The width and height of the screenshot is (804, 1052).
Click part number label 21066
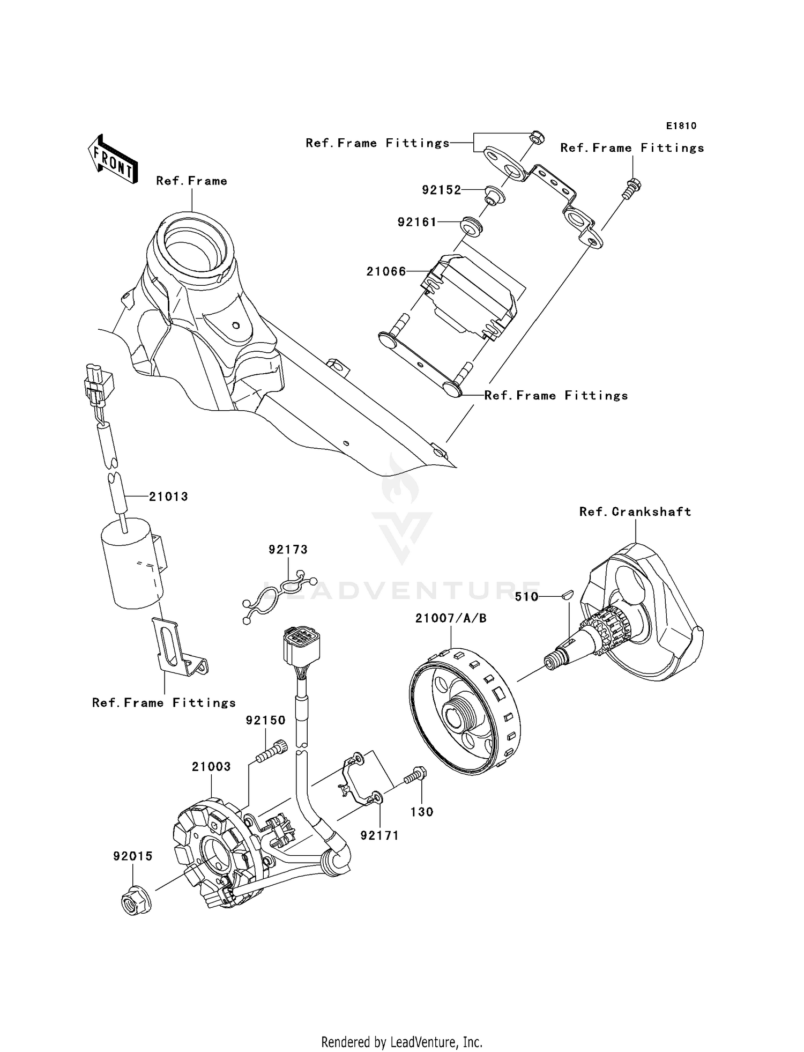[x=386, y=272]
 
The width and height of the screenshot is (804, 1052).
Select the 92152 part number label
[x=441, y=190]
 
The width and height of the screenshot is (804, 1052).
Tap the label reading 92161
[x=417, y=222]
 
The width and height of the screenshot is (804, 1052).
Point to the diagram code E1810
[x=681, y=126]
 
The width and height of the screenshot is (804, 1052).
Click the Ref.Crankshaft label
[x=635, y=512]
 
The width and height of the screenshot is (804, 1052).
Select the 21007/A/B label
[x=451, y=618]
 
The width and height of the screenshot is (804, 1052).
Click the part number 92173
[x=288, y=550]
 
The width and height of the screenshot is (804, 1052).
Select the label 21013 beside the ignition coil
[x=168, y=497]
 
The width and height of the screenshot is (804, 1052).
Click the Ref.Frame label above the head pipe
[x=191, y=181]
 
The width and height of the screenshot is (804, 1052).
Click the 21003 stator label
[x=211, y=767]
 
